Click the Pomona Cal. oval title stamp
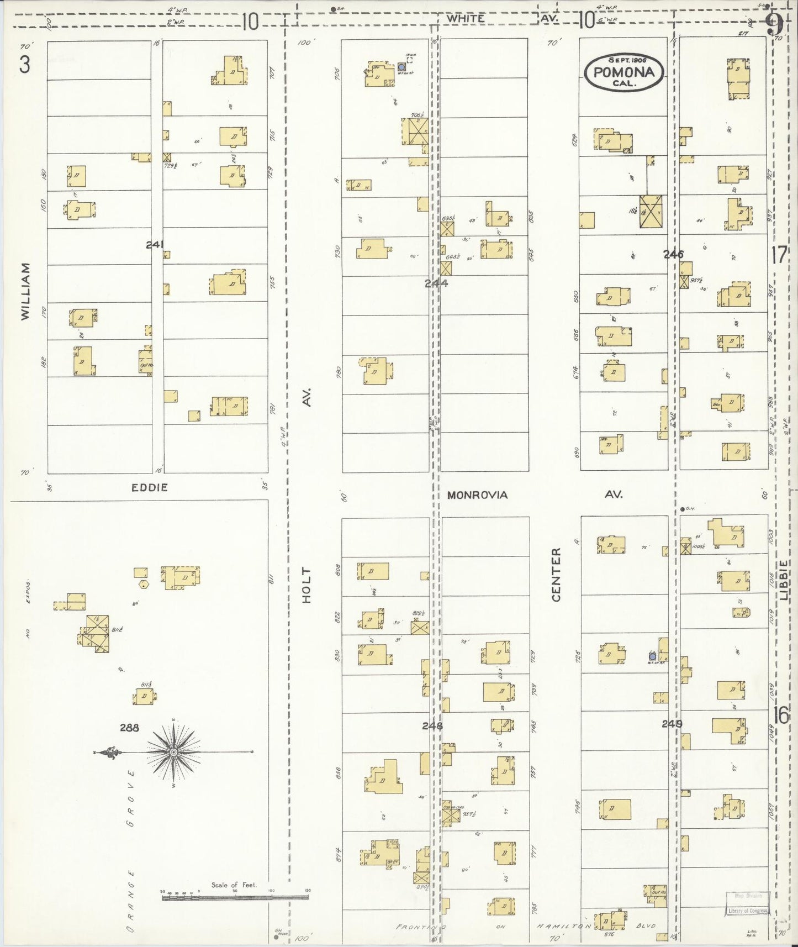[624, 72]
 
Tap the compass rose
[173, 752]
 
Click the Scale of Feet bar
[235, 898]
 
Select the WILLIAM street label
[25, 291]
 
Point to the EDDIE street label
[150, 487]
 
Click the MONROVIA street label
[477, 494]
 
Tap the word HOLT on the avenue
[307, 585]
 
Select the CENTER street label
[556, 575]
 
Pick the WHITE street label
[466, 18]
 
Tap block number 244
[436, 283]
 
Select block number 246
[673, 254]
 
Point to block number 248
[432, 726]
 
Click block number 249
[672, 723]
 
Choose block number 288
[129, 728]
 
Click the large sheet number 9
[774, 24]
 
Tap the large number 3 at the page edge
[25, 65]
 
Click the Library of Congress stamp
[747, 911]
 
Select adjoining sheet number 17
[779, 255]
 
